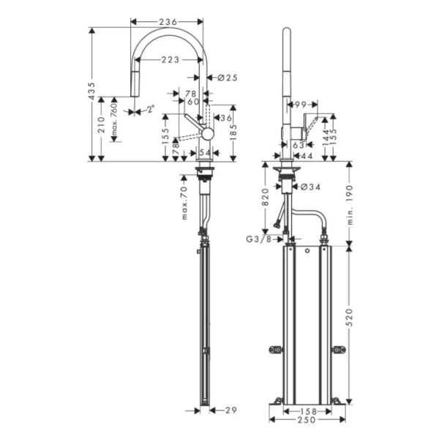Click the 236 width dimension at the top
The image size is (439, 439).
(x=168, y=22)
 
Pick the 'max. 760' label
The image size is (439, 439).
(x=114, y=120)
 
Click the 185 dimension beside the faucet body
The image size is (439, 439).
(x=233, y=132)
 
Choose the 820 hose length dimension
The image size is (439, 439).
(x=268, y=196)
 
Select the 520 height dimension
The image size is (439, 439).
(x=350, y=318)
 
